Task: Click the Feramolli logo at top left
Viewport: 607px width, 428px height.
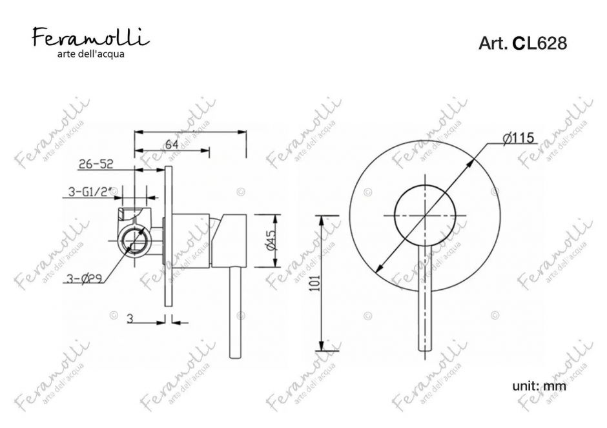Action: (90, 38)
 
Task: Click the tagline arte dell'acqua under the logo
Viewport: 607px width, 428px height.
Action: (91, 54)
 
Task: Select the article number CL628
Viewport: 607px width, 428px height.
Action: (540, 43)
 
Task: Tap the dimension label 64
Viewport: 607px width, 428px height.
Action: (172, 145)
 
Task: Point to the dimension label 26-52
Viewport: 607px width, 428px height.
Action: (96, 164)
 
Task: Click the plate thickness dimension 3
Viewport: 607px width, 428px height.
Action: (130, 318)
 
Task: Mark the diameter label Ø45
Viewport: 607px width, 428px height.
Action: (271, 240)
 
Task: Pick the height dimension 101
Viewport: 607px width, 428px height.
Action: (316, 283)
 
